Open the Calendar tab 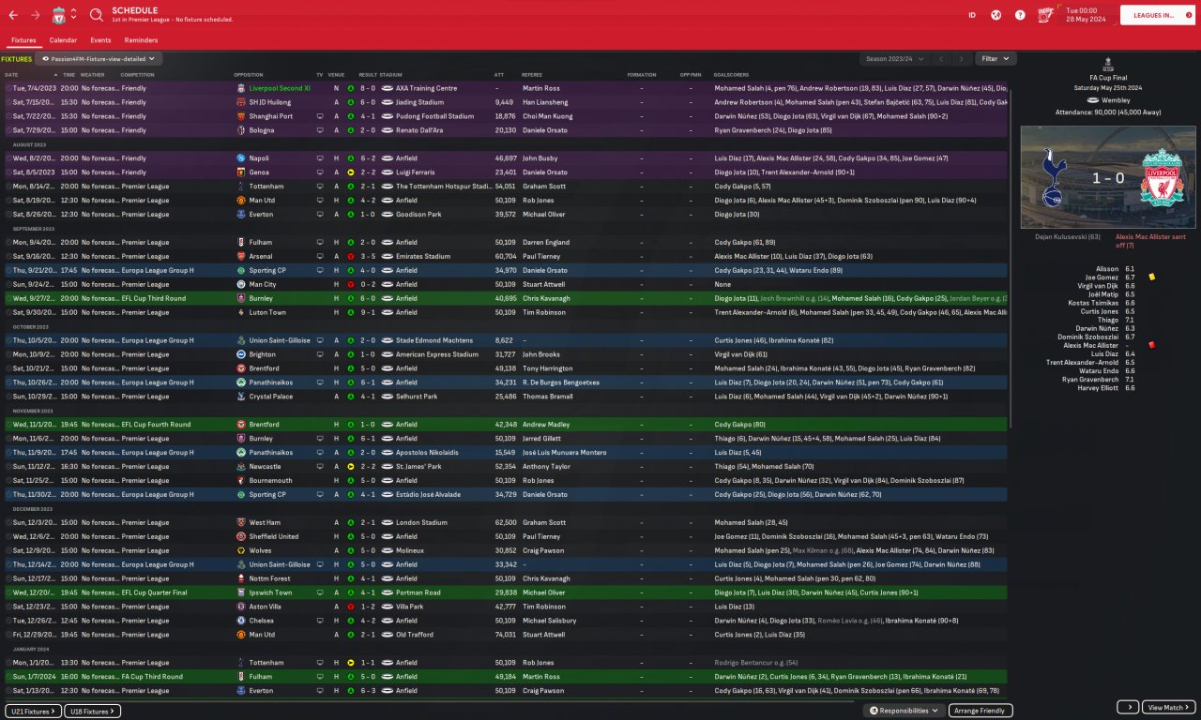[x=63, y=40]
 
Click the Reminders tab [x=141, y=40]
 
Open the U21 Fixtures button [x=33, y=711]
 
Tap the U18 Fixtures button [x=92, y=711]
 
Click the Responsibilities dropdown [x=905, y=711]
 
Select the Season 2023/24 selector [x=894, y=58]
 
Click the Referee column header [x=532, y=74]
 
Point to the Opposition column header [x=249, y=74]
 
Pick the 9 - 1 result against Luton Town [x=368, y=312]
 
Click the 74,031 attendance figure [x=506, y=635]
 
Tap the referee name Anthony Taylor [x=545, y=466]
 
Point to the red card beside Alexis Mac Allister [x=1151, y=345]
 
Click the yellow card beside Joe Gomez [x=1151, y=277]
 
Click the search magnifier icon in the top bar [x=97, y=15]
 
